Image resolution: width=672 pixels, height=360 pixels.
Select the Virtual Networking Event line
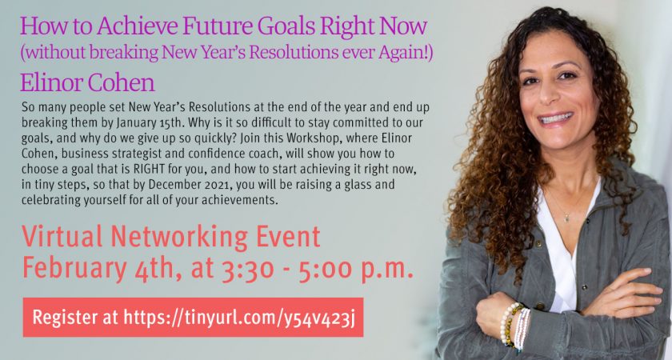pos(171,238)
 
